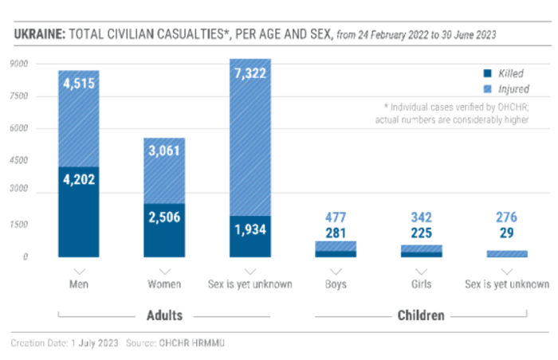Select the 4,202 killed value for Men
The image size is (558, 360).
tap(78, 179)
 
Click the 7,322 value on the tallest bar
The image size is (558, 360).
tap(250, 73)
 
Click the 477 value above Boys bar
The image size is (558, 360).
tap(336, 217)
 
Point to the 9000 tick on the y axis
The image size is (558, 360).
tap(20, 65)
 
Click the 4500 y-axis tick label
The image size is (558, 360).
tap(20, 160)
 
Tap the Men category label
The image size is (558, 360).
tap(78, 284)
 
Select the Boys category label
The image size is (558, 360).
tap(336, 284)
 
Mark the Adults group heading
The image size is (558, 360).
tap(164, 315)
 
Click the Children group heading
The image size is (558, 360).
tap(421, 315)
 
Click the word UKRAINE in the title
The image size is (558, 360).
tap(38, 34)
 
